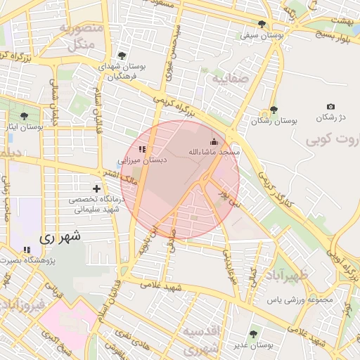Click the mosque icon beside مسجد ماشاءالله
(214, 141)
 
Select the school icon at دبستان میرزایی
(142, 149)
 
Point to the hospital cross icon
(96, 188)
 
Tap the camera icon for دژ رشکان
(331, 106)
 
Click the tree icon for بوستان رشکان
(274, 110)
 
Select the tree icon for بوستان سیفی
(262, 24)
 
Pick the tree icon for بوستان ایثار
(25, 116)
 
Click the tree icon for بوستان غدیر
(253, 334)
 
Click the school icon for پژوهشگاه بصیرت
(27, 250)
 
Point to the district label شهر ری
(61, 237)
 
